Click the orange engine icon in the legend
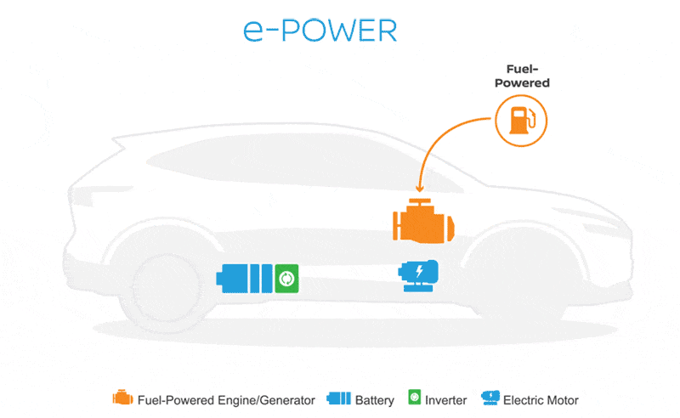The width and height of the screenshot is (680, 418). coord(122,398)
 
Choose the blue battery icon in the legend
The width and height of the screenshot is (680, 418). coord(338,398)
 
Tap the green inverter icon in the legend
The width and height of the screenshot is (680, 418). coord(415,398)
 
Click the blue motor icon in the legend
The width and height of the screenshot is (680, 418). coord(490,398)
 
